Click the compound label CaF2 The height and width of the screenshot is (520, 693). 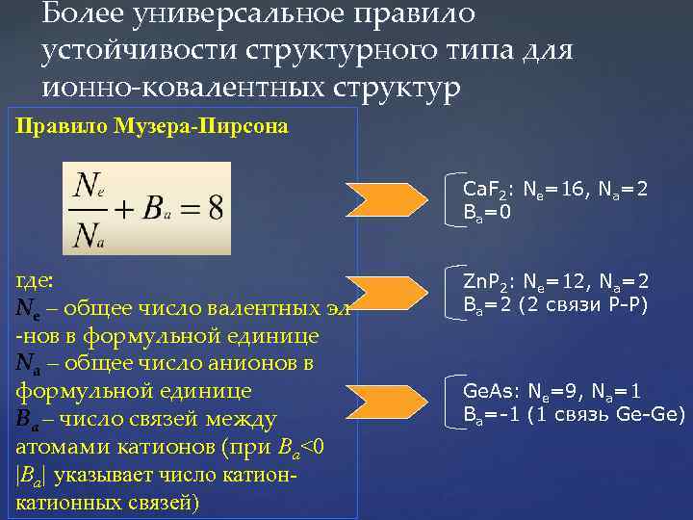[484, 189]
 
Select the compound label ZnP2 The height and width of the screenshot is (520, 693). [484, 282]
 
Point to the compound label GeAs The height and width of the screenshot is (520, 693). [485, 393]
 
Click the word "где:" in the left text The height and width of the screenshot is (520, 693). [37, 280]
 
